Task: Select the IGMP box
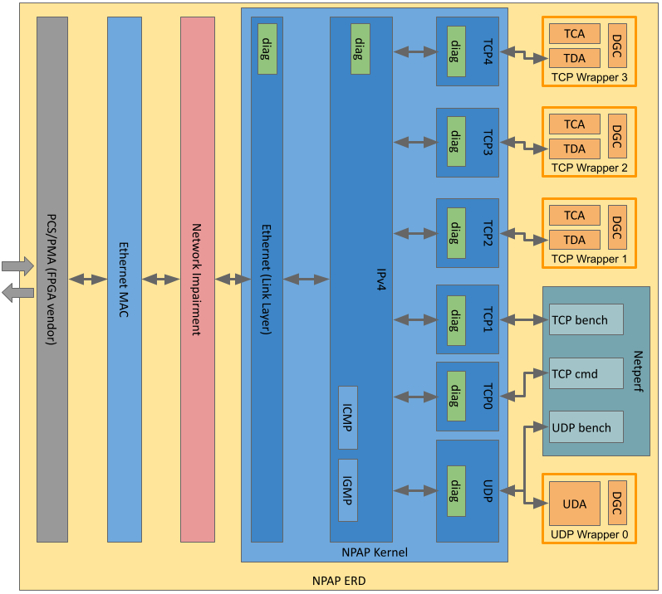[348, 489]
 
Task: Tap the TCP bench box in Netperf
[586, 320]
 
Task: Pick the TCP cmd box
[586, 373]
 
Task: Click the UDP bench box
[586, 427]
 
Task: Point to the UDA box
[575, 504]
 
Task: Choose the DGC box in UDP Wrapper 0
[617, 502]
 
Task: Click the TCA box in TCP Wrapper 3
[574, 34]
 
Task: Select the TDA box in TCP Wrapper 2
[574, 149]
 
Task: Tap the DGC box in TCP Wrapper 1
[617, 226]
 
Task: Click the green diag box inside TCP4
[456, 51]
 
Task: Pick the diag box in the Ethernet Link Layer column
[267, 49]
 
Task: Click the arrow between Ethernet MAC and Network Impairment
[160, 280]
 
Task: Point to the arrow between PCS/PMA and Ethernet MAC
[87, 280]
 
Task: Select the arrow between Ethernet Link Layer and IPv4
[306, 280]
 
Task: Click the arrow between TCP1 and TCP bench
[521, 319]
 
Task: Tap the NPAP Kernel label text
[375, 553]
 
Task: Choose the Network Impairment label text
[197, 280]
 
